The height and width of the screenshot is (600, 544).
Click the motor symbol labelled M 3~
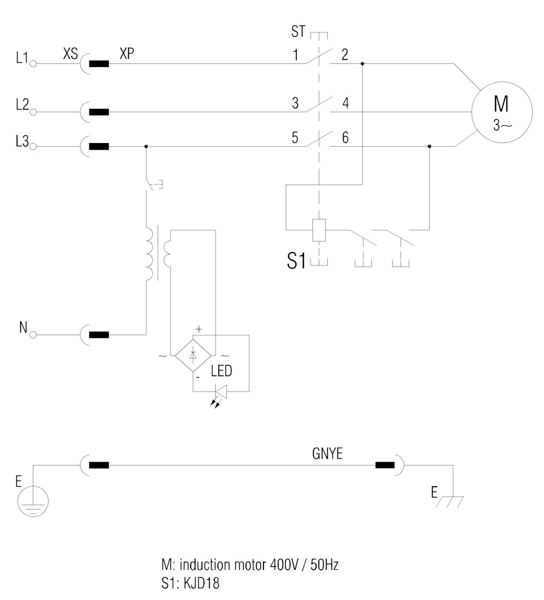point(501,112)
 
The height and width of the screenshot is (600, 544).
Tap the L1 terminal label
point(22,57)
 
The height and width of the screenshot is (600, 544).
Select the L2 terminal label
point(22,104)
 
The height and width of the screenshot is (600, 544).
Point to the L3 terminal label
point(22,141)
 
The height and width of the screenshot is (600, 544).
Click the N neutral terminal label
point(23,328)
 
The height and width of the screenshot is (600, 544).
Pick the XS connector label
point(70,54)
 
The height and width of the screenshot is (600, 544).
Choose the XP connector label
point(127,54)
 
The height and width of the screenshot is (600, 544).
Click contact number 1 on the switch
point(295,55)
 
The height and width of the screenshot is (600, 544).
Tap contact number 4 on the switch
point(346,103)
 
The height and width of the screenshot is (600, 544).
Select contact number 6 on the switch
point(345,138)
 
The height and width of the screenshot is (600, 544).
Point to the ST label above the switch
point(298,31)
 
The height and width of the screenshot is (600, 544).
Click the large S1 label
point(296,261)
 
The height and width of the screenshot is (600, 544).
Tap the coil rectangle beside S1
point(319,230)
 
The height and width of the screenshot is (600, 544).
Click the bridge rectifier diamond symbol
point(193,355)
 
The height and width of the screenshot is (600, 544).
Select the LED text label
point(222,371)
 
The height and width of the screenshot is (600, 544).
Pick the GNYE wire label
point(328,453)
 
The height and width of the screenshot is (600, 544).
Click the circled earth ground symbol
point(33,501)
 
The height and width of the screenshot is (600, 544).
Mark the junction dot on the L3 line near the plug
point(146,147)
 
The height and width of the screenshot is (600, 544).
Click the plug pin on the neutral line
point(99,335)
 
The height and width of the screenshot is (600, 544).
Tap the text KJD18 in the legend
point(201,584)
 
